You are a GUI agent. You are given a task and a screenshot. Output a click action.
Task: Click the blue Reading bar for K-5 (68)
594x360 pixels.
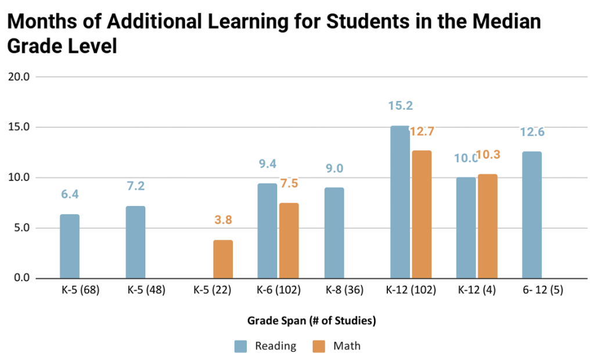[70, 246]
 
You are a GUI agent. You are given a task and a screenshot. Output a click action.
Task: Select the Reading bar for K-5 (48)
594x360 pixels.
[135, 242]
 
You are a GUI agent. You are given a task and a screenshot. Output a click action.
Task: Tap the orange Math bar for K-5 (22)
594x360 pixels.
[223, 259]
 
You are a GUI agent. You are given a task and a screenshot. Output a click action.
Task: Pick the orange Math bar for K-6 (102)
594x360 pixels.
[289, 240]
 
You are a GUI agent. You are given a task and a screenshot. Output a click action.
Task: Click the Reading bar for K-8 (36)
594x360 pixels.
[334, 233]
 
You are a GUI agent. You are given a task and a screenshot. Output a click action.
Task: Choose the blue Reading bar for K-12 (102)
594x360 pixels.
[400, 202]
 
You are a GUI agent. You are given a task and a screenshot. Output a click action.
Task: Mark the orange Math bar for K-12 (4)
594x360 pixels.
[487, 226]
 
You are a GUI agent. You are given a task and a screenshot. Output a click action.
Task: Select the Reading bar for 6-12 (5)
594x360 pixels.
[532, 215]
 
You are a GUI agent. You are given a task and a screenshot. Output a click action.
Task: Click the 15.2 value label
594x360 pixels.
[400, 106]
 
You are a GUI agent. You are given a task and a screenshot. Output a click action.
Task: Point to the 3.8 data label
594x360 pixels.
[223, 221]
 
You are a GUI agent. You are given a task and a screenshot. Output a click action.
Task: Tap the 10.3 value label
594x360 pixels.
[488, 155]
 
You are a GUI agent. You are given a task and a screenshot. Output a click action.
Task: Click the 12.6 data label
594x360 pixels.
[532, 133]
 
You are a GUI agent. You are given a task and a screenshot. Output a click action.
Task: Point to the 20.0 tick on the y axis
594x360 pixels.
[21, 77]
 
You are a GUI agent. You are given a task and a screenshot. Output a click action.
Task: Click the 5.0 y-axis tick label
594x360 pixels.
[24, 228]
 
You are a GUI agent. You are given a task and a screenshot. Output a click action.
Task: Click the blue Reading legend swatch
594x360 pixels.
[242, 347]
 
